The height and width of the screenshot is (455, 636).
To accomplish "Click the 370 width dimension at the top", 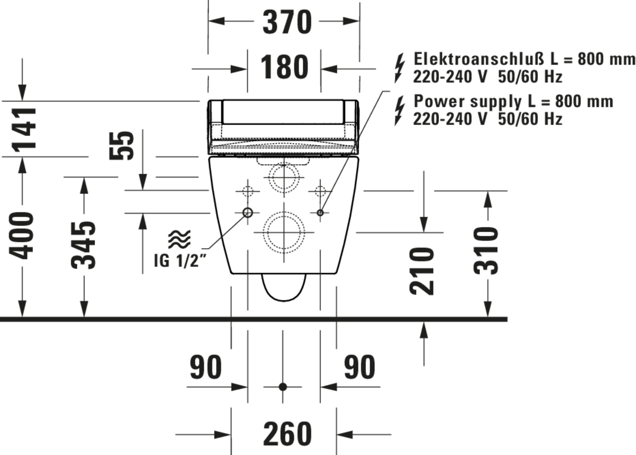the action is [x=287, y=22].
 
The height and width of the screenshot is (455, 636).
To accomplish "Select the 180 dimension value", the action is [x=284, y=67].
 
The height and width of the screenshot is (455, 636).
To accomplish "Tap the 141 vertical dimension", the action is [x=24, y=130].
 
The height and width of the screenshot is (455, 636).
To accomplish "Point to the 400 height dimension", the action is [x=21, y=236].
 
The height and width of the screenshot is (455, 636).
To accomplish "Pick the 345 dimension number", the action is [x=83, y=245].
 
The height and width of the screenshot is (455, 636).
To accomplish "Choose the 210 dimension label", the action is [x=422, y=271].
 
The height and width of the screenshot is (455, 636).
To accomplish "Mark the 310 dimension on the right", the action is [x=486, y=251].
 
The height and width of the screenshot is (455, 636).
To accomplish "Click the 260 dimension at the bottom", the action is [x=287, y=434].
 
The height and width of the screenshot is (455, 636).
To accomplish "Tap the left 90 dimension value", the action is [x=206, y=367].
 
